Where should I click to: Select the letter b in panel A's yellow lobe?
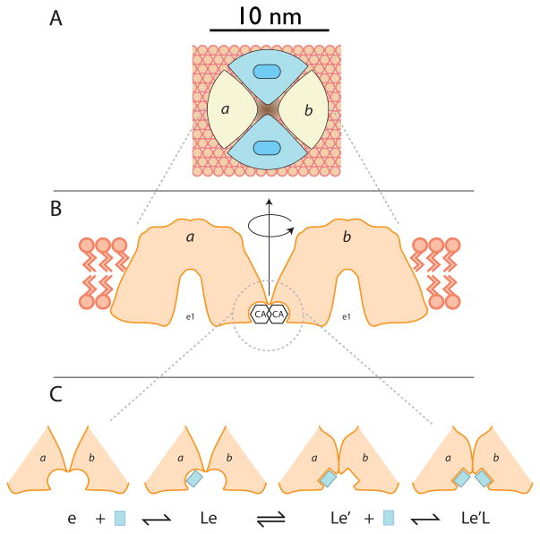point(311,109)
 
